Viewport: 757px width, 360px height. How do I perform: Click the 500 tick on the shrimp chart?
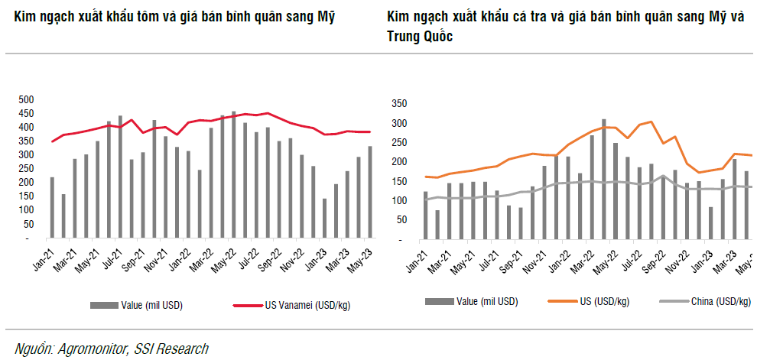(x=28, y=99)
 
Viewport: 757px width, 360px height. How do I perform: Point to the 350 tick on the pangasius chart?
(x=400, y=103)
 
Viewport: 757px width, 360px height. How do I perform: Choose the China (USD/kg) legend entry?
(x=720, y=302)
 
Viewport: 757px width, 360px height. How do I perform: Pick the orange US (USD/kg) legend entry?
(x=604, y=302)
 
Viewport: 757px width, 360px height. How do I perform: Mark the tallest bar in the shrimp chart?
(x=234, y=174)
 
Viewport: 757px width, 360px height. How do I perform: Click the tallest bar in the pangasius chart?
(x=603, y=180)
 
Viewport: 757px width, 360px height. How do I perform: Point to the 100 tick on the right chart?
(x=400, y=201)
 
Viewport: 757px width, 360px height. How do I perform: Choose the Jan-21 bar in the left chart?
(x=52, y=207)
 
